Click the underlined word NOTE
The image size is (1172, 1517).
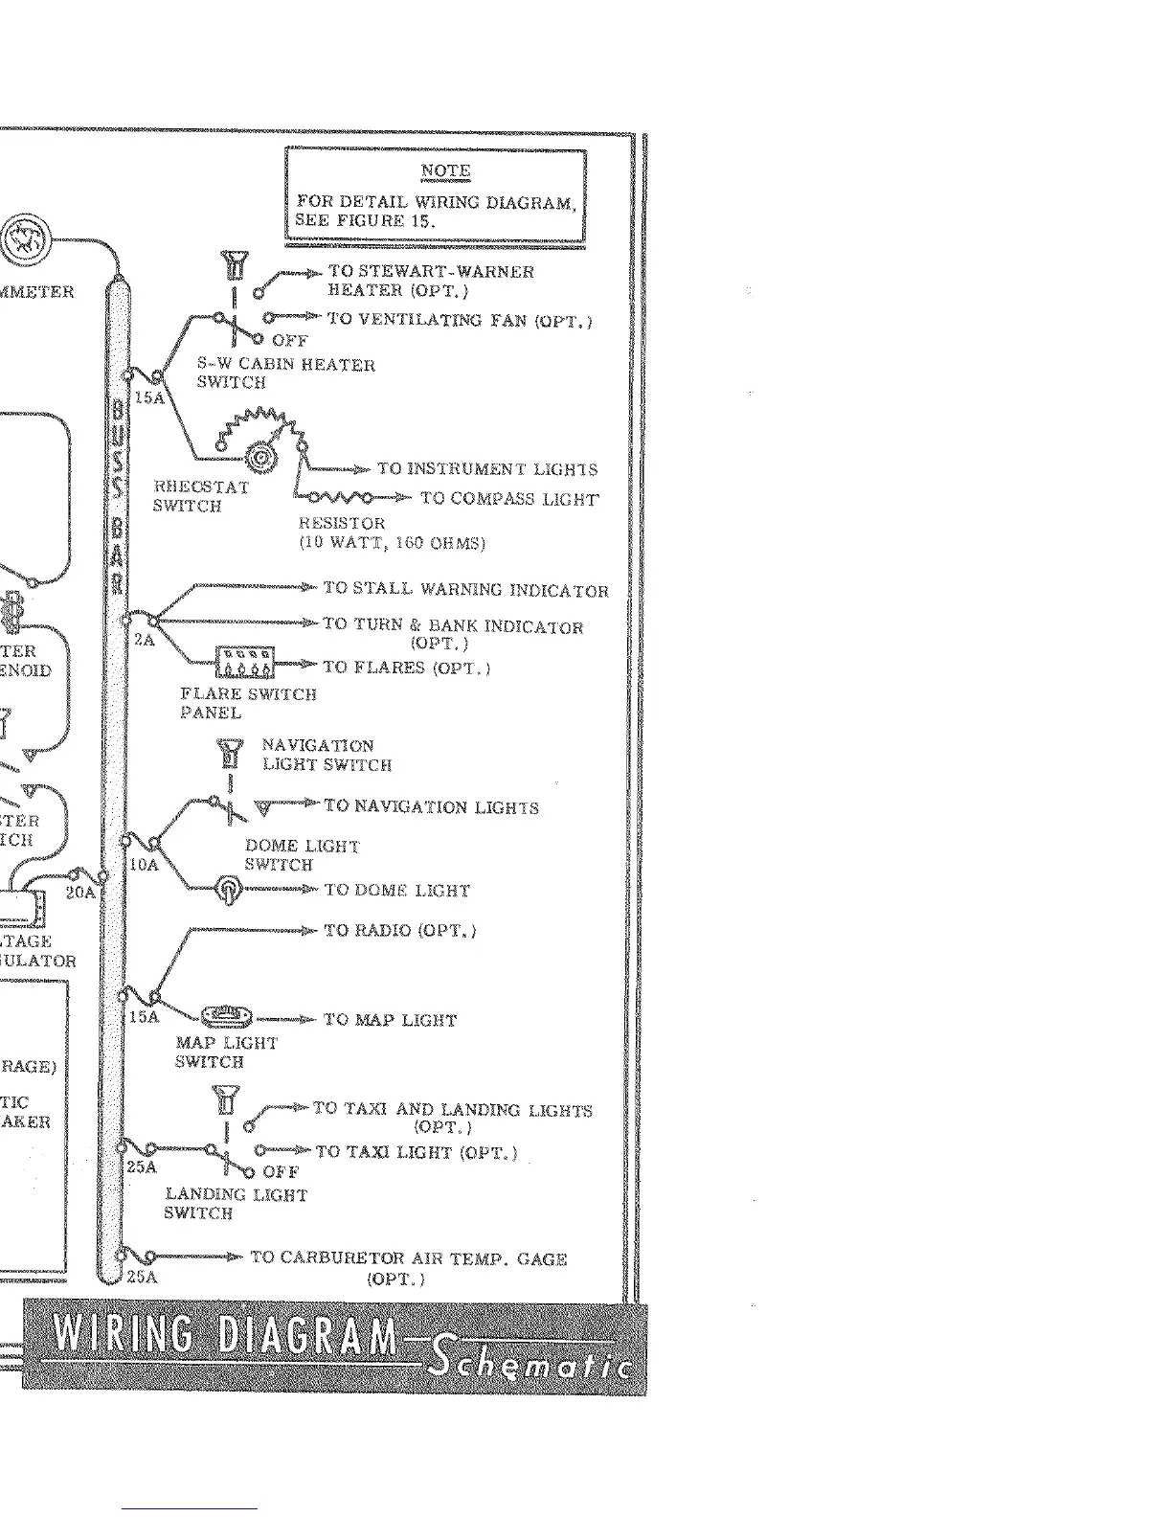tap(445, 171)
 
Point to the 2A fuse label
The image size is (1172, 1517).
tap(144, 640)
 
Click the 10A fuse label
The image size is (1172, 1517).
tap(143, 865)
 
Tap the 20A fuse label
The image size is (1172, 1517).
tap(80, 893)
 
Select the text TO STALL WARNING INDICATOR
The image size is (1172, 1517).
tap(465, 589)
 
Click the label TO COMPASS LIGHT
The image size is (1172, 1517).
tap(509, 499)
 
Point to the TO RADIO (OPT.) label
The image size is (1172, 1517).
tap(400, 930)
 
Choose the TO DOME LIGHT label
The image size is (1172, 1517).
tap(397, 891)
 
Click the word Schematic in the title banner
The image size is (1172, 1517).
tap(529, 1359)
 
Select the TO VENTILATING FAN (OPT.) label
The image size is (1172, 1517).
tap(460, 320)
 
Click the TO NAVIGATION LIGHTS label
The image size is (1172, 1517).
tap(431, 807)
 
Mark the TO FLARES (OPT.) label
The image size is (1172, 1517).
tap(406, 668)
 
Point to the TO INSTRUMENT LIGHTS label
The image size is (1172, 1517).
tap(486, 469)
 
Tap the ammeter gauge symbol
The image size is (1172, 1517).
tap(26, 240)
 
